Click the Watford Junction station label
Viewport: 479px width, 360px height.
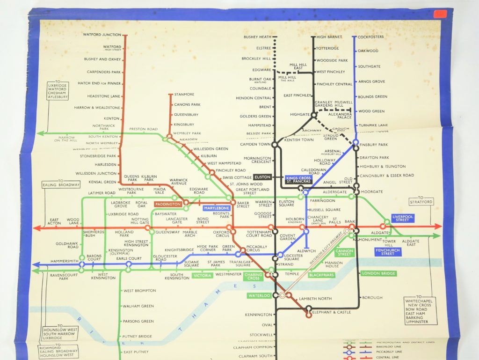pyautogui.click(x=102, y=35)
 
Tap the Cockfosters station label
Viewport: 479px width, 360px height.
pyautogui.click(x=371, y=37)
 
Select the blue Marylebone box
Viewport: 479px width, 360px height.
pyautogui.click(x=217, y=208)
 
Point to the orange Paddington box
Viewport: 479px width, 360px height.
pyautogui.click(x=168, y=205)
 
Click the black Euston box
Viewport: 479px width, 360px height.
pyautogui.click(x=262, y=177)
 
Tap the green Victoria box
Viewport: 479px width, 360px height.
pyautogui.click(x=203, y=276)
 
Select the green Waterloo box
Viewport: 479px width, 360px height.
pyautogui.click(x=259, y=295)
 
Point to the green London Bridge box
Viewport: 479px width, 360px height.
pyautogui.click(x=378, y=273)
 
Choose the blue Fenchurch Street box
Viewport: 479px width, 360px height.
pyautogui.click(x=387, y=251)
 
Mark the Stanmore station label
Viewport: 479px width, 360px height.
pyautogui.click(x=184, y=95)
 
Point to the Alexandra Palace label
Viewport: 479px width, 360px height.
pyautogui.click(x=341, y=116)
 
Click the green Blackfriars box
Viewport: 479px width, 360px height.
pyautogui.click(x=321, y=275)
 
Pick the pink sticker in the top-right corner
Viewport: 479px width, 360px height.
pyautogui.click(x=440, y=14)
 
